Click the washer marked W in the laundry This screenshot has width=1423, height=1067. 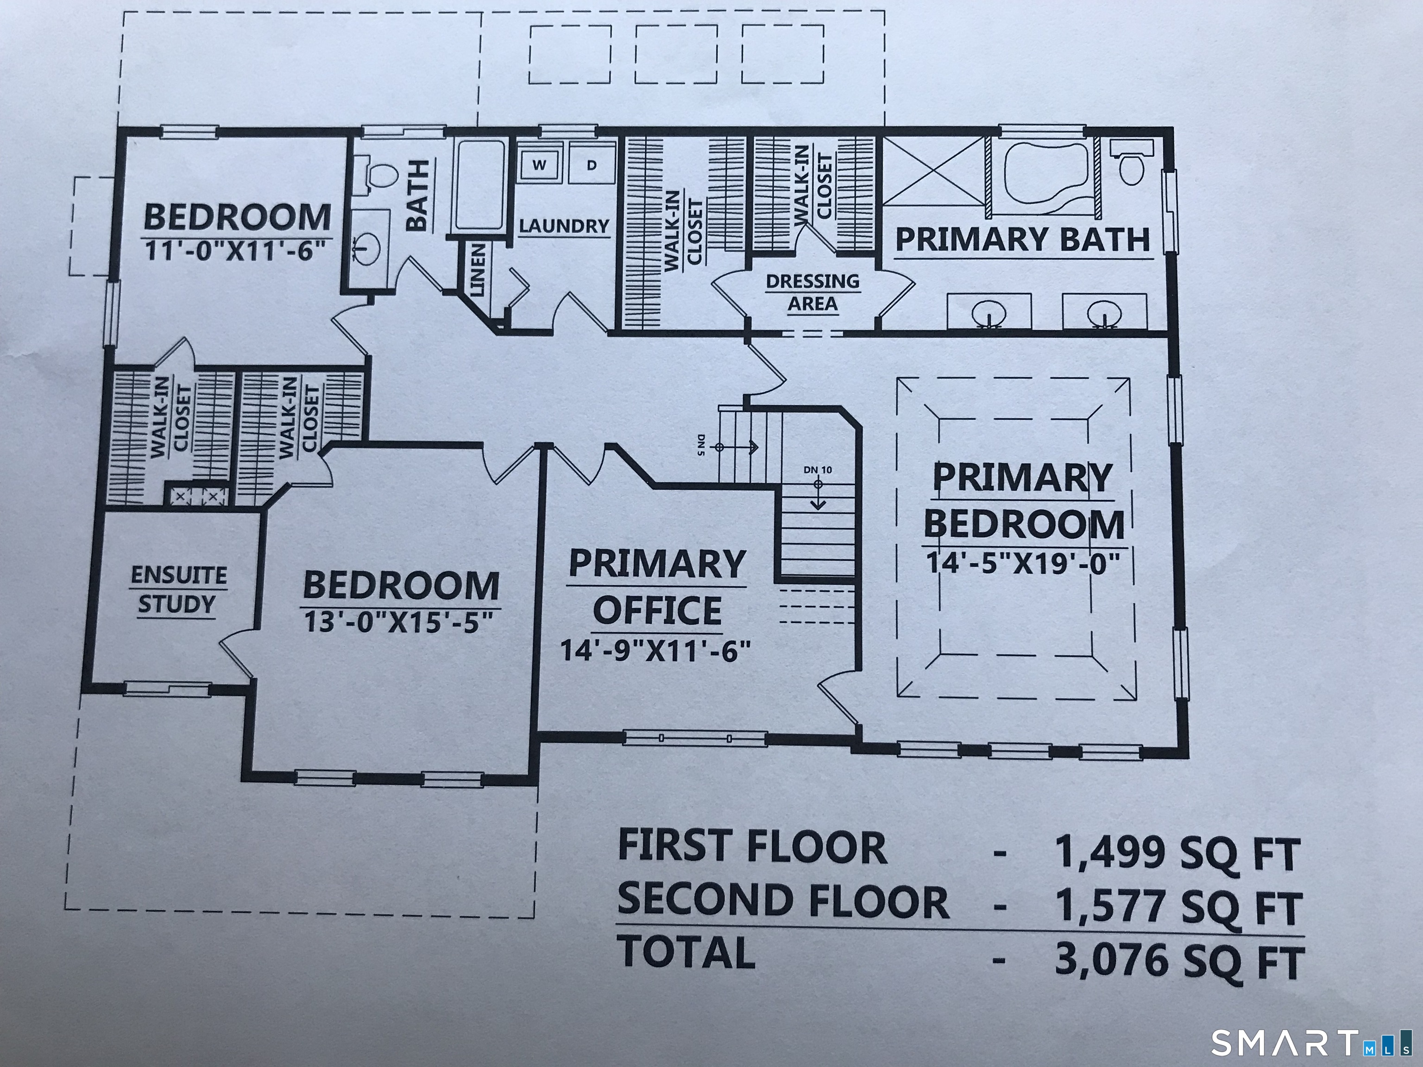(539, 165)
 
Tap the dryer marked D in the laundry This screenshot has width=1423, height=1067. (591, 165)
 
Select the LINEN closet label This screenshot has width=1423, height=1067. (478, 270)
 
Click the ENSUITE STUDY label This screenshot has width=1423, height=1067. (178, 590)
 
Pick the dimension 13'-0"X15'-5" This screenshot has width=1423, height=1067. (399, 622)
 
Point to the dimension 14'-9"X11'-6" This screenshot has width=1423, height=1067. (655, 651)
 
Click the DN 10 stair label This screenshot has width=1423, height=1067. (818, 470)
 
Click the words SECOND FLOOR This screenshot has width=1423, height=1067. (782, 901)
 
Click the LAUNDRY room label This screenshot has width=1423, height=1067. (564, 226)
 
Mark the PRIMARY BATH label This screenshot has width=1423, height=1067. (1022, 239)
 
